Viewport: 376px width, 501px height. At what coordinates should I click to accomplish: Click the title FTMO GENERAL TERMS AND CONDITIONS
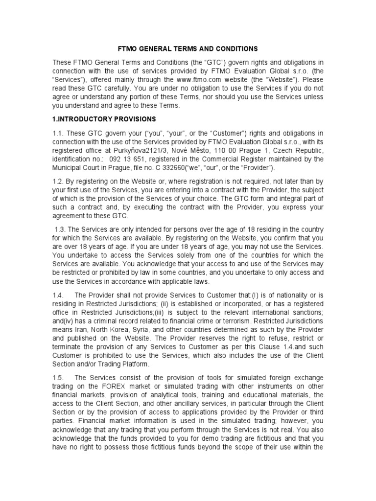point(188,49)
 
